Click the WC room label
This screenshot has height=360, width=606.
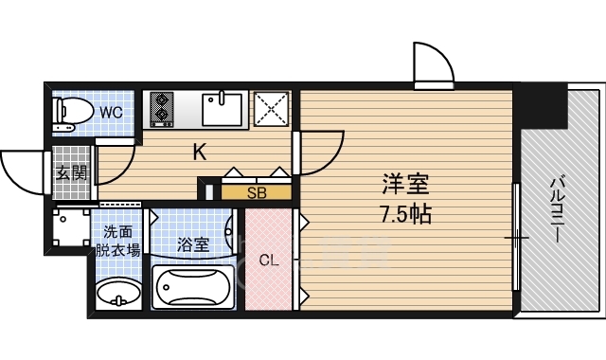coord(112,112)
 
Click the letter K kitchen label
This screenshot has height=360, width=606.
coord(200,151)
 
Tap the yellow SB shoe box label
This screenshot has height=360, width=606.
coord(257,193)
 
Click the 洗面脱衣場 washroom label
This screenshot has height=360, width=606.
coord(119,241)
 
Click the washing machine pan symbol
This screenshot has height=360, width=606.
coord(70,228)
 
